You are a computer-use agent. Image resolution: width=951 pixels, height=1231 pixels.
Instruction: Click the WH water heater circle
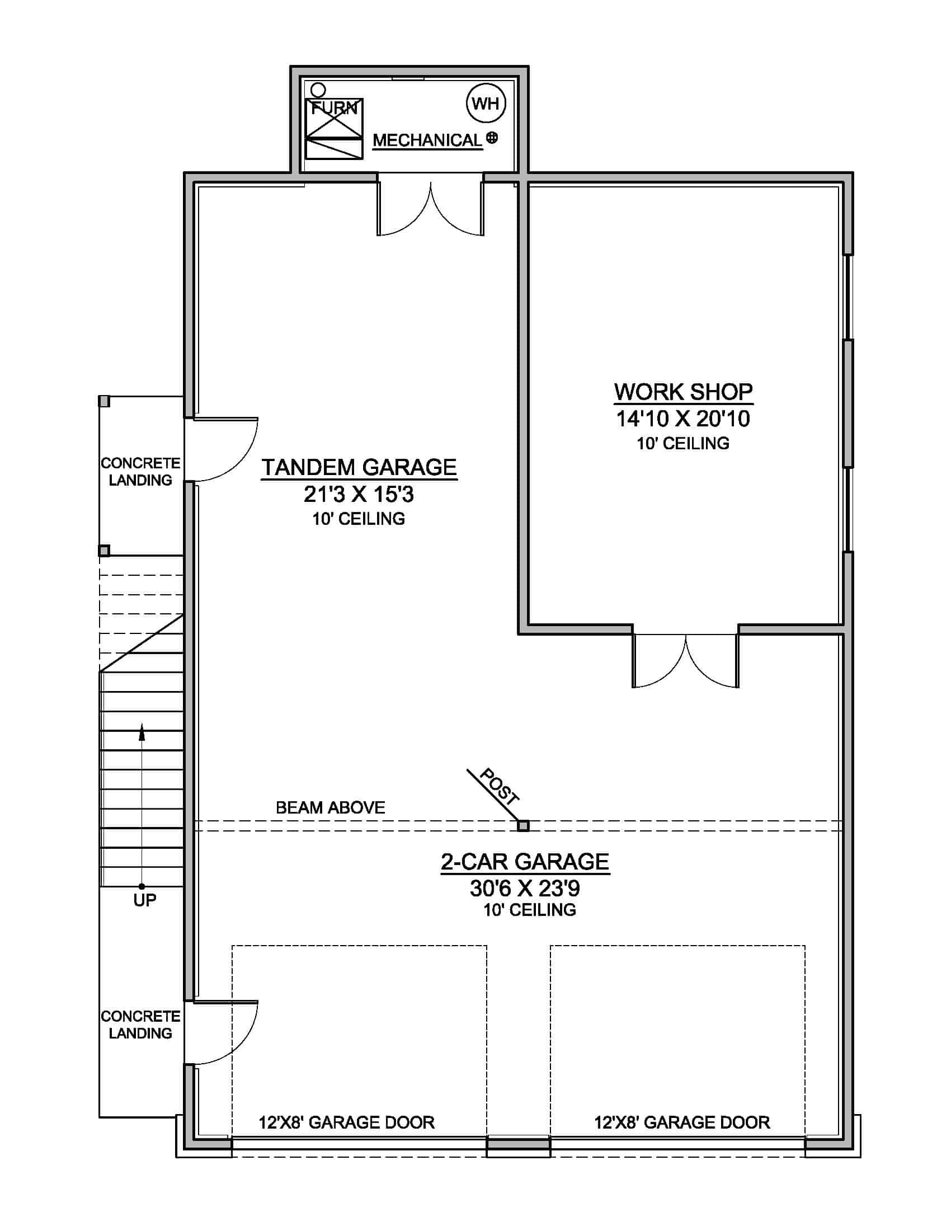pyautogui.click(x=486, y=104)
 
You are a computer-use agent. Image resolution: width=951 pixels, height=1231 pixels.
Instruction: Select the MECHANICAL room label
pyautogui.click(x=427, y=140)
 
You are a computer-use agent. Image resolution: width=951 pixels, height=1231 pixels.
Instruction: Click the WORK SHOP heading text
pyautogui.click(x=683, y=392)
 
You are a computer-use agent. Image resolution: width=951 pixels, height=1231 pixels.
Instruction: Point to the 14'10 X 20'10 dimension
pyautogui.click(x=683, y=419)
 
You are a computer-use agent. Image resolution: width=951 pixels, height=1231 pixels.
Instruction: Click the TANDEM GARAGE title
pyautogui.click(x=359, y=467)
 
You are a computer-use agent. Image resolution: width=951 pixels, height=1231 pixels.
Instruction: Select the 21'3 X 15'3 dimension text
pyautogui.click(x=359, y=494)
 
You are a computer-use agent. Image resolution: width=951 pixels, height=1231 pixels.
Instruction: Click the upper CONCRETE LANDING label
pyautogui.click(x=140, y=472)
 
